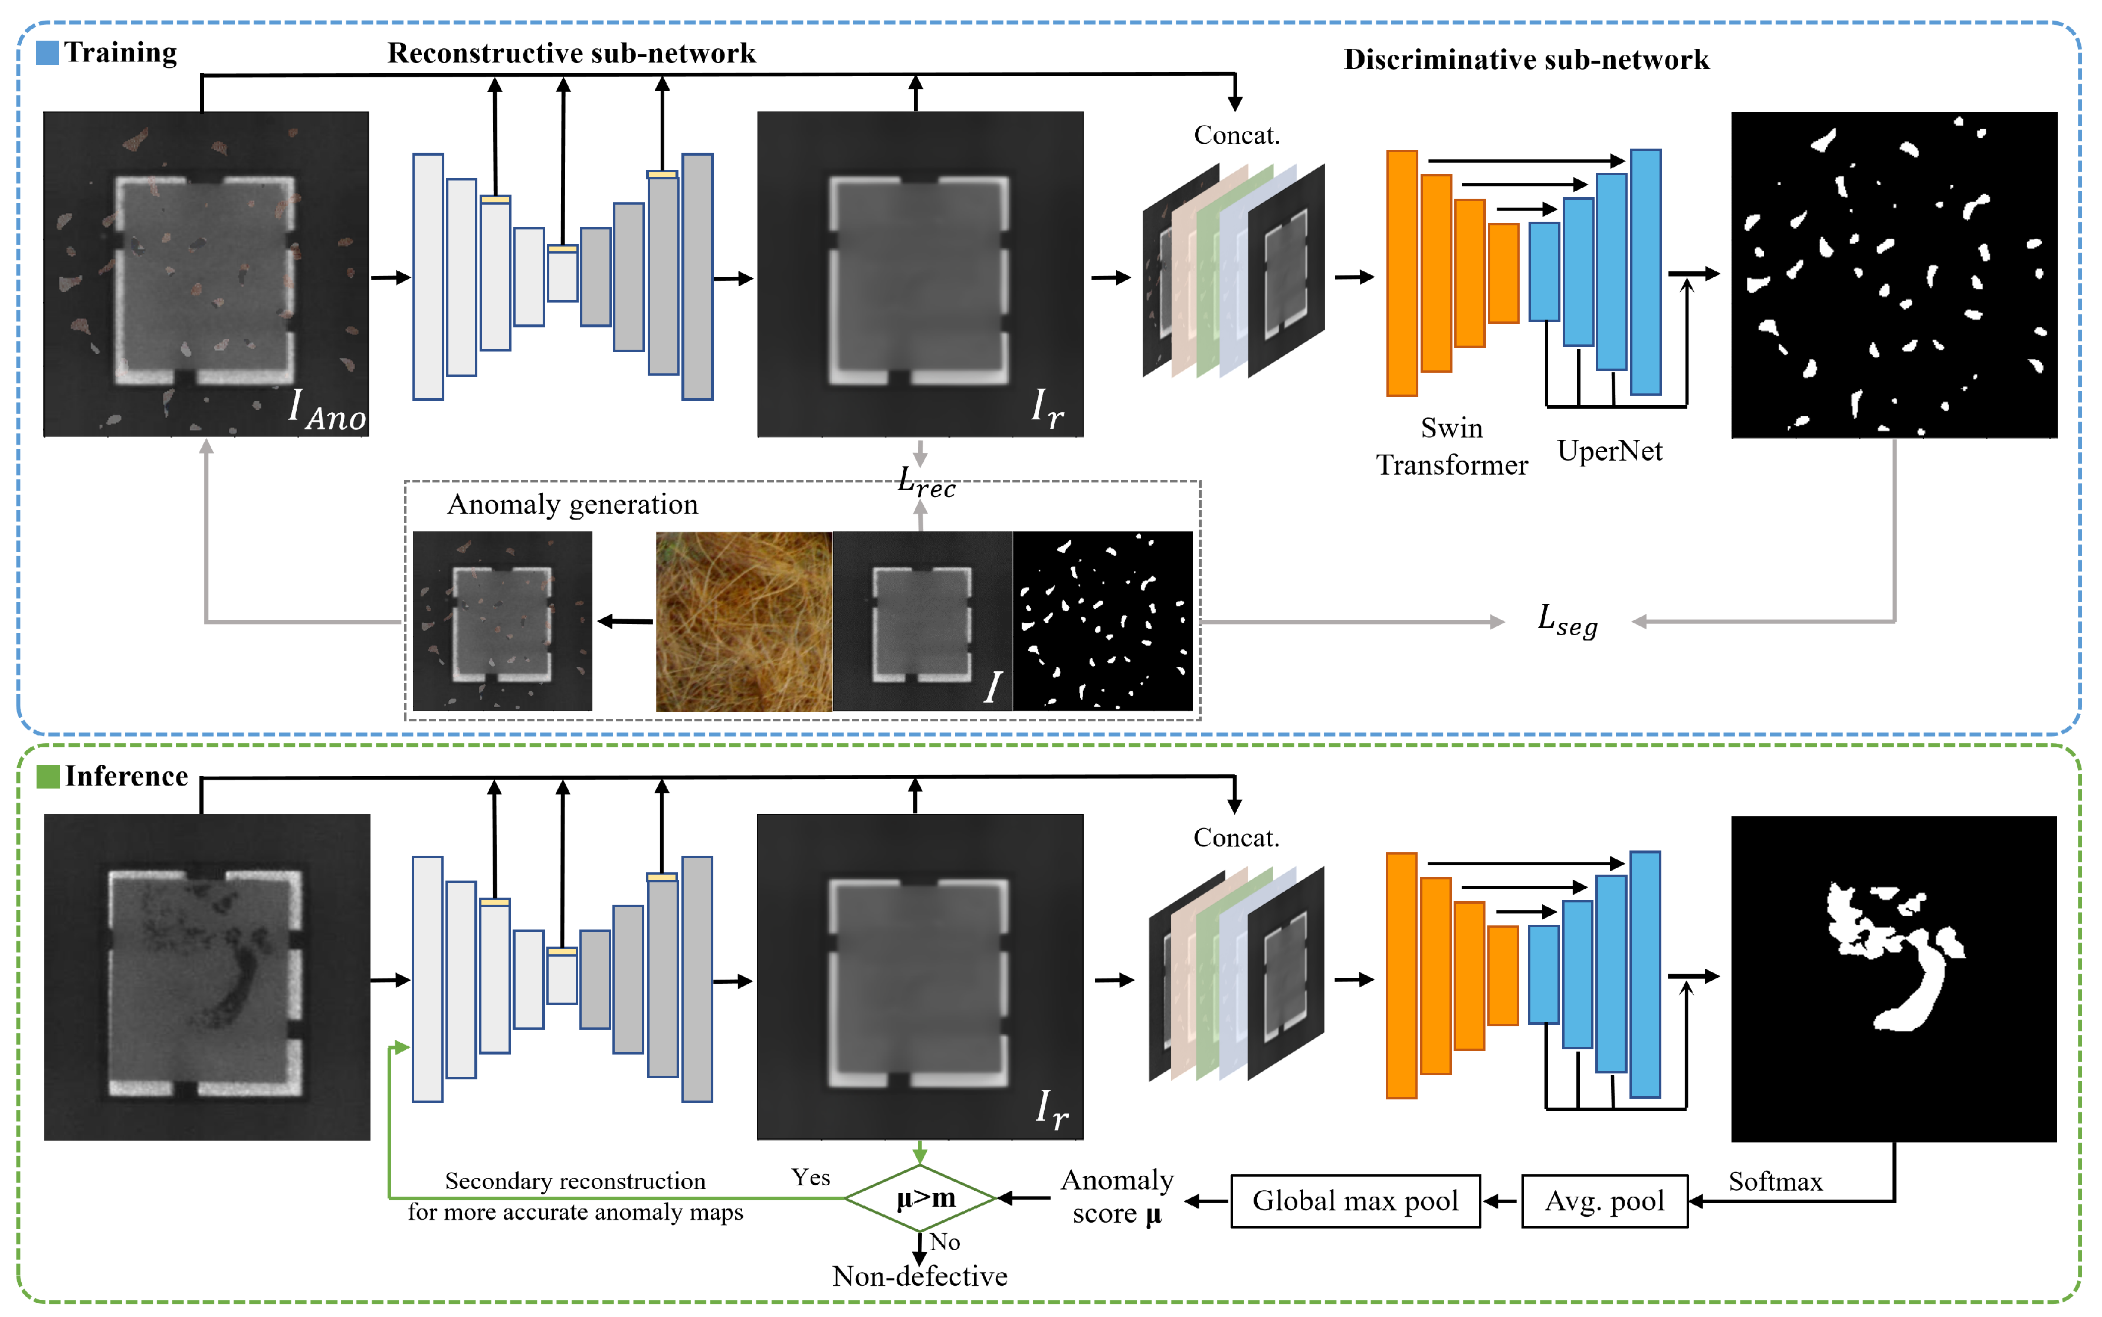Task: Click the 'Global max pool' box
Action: pos(1355,1201)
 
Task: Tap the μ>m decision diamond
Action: pos(922,1198)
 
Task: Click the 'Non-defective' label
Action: pos(919,1276)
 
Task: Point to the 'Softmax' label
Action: pos(1775,1182)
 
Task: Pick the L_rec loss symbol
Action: pos(926,482)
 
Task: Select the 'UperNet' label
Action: pos(1609,451)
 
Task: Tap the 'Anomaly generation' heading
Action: pos(572,504)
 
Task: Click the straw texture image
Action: pos(743,622)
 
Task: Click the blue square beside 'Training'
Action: pos(47,52)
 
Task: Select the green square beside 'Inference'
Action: pos(48,776)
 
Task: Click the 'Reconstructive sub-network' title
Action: pos(572,53)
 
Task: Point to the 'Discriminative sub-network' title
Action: pos(1526,59)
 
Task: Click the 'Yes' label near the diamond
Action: pos(810,1178)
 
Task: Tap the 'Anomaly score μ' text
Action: pos(1117,1197)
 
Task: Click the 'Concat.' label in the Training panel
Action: pos(1236,135)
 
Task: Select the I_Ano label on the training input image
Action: pos(327,410)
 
